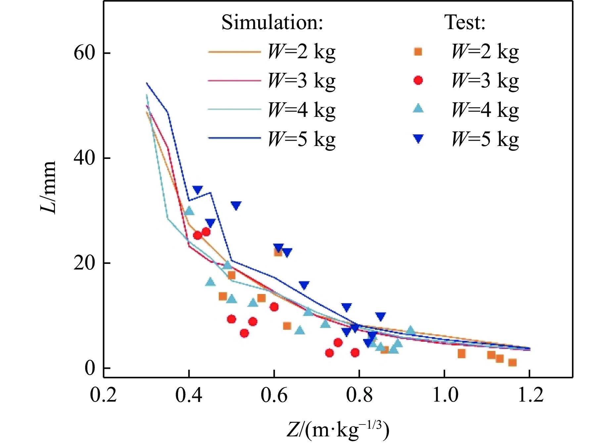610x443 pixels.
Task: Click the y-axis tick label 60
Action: tap(84, 53)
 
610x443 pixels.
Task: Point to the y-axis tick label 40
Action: tap(84, 158)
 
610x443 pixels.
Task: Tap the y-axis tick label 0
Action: tap(90, 368)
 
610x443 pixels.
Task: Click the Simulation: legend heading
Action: tap(272, 23)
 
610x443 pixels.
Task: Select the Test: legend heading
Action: tap(465, 23)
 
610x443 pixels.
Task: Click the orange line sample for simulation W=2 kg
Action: tap(234, 52)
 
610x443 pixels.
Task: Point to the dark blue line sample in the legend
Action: tap(234, 138)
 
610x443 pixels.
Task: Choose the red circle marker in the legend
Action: tap(418, 80)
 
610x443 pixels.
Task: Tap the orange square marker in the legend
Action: tap(418, 52)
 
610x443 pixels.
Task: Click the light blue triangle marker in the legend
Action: tap(418, 109)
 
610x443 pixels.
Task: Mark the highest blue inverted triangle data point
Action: tap(198, 190)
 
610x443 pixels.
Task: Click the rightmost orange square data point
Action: tap(512, 363)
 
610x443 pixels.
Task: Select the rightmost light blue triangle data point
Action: tap(411, 330)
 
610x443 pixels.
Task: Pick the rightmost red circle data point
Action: tap(355, 353)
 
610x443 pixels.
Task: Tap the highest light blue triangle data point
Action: tap(189, 211)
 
